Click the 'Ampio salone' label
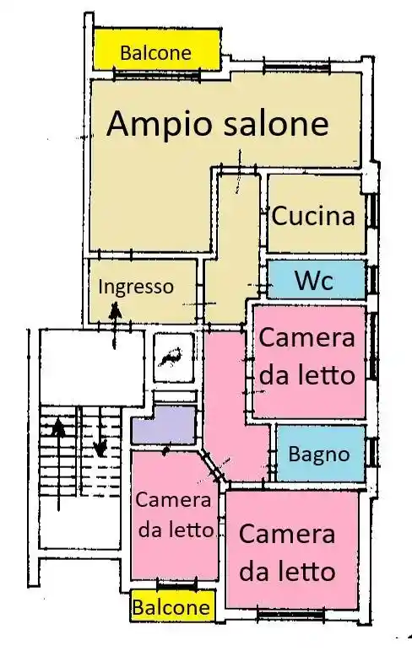click(218, 125)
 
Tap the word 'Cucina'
click(312, 216)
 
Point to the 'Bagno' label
click(318, 454)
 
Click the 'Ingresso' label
click(136, 287)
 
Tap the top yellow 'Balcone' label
click(155, 53)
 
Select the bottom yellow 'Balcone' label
click(171, 607)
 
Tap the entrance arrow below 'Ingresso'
click(116, 322)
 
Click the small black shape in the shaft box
click(172, 357)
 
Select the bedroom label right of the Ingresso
click(306, 356)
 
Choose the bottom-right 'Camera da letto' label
click(287, 552)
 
